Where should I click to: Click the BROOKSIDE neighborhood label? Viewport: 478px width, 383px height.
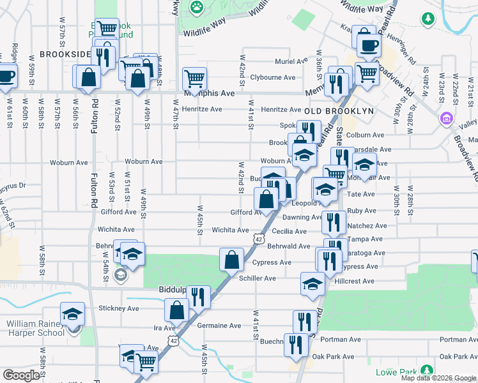pyautogui.click(x=65, y=55)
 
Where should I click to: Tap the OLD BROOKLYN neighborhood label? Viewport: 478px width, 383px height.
pyautogui.click(x=339, y=110)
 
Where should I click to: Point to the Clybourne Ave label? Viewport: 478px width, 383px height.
pyautogui.click(x=273, y=77)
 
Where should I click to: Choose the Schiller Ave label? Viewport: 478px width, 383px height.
pyautogui.click(x=258, y=278)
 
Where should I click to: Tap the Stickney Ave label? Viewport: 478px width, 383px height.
pyautogui.click(x=119, y=308)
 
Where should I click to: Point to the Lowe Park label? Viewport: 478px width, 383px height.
pyautogui.click(x=395, y=370)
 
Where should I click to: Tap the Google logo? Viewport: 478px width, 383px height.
pyautogui.click(x=21, y=375)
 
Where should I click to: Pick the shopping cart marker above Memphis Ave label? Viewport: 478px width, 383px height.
pyautogui.click(x=194, y=79)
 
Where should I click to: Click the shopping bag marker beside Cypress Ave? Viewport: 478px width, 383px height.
pyautogui.click(x=231, y=259)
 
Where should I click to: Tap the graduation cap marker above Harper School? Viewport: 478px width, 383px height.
pyautogui.click(x=73, y=314)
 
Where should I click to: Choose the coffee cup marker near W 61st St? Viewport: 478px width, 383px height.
pyautogui.click(x=6, y=75)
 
